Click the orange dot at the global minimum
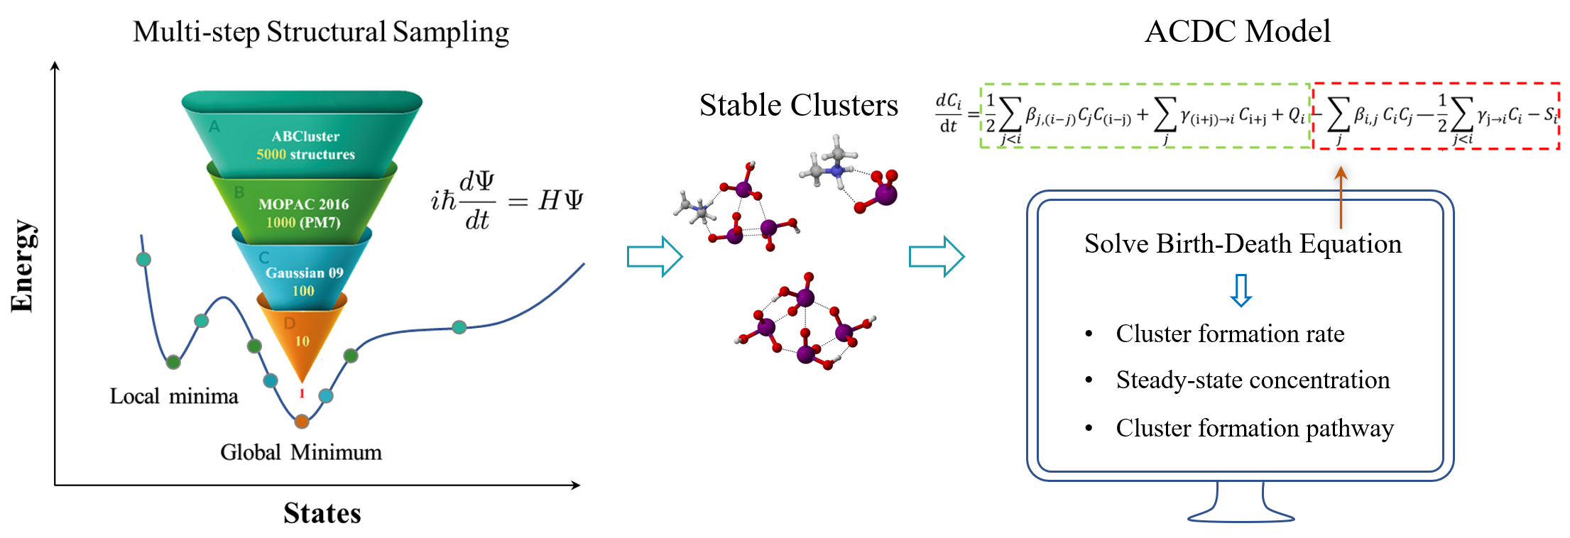pos(302,422)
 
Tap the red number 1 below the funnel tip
pos(302,393)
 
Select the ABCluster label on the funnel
pos(305,136)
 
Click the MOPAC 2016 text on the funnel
pos(303,204)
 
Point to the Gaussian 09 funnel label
pos(304,273)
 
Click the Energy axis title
pos(23,265)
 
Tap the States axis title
pos(322,513)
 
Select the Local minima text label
pos(174,396)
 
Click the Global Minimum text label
pos(300,452)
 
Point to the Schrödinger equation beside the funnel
pos(506,201)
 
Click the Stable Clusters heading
pos(798,105)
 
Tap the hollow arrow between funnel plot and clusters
pos(654,256)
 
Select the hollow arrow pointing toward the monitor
pos(936,256)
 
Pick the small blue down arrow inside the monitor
pos(1241,290)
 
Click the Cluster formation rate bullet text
pos(1230,334)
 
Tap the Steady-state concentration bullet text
pos(1253,380)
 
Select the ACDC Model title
pos(1237,32)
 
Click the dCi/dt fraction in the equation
pos(948,114)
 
